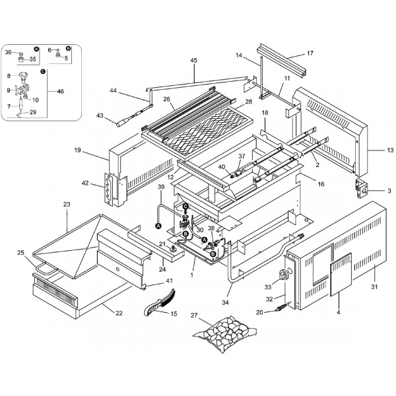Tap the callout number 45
click(x=193, y=61)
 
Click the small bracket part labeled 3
click(x=362, y=189)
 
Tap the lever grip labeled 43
click(x=126, y=121)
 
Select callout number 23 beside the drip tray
click(x=66, y=205)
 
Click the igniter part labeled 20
click(x=291, y=308)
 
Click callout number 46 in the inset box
click(x=61, y=90)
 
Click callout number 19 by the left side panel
click(x=77, y=150)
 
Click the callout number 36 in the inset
click(x=8, y=51)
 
